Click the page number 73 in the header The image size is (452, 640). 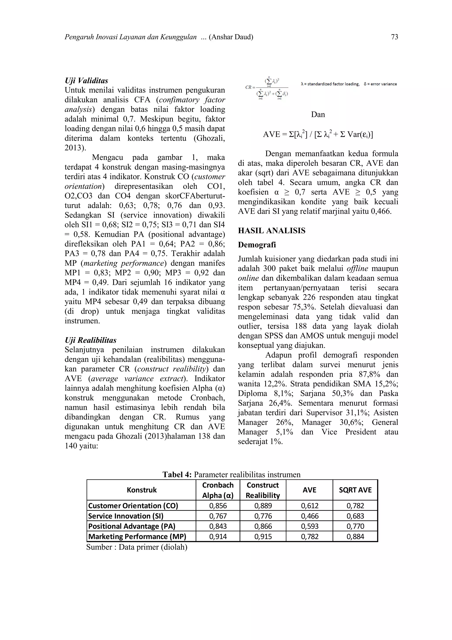coord(394,37)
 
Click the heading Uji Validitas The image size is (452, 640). coord(86,81)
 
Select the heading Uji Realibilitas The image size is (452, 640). coord(90,340)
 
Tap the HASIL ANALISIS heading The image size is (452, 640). coord(271,231)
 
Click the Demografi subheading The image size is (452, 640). coord(257,245)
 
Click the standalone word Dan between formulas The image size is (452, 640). coord(318,114)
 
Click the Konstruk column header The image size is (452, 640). coord(141,490)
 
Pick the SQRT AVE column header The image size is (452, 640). coord(355,490)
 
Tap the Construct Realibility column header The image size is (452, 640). coord(263,490)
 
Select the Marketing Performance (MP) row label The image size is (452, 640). coord(137,537)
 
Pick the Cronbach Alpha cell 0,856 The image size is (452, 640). coord(218,506)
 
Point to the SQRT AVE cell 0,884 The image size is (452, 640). coord(355,537)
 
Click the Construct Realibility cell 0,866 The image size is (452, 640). coord(263,526)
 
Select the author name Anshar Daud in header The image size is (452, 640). coord(231,37)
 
